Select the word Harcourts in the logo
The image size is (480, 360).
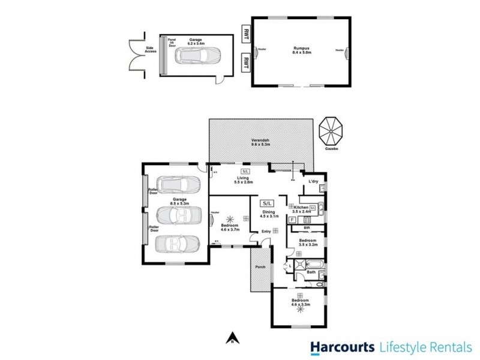click(x=340, y=346)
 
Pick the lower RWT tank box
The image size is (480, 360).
click(x=245, y=62)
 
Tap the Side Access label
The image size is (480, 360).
click(x=151, y=50)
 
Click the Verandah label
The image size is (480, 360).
click(x=260, y=142)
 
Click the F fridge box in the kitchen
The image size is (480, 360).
click(x=292, y=220)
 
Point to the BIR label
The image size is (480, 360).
click(x=307, y=228)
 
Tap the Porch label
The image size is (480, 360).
click(x=260, y=268)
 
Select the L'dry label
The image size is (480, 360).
click(x=313, y=181)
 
